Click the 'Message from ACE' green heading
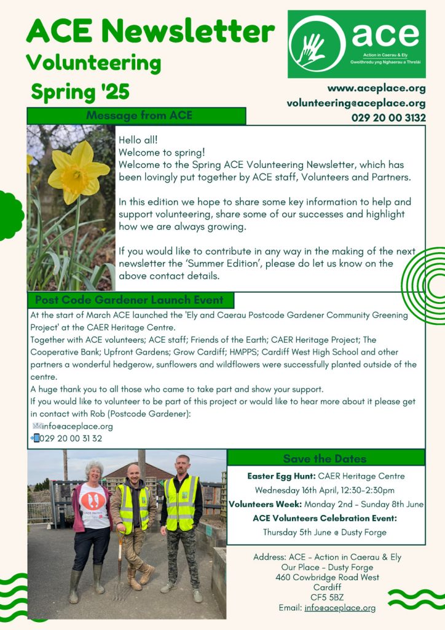click(139, 116)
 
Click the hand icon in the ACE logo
click(312, 47)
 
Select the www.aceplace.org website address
click(376, 89)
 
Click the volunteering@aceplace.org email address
click(356, 103)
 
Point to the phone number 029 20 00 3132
click(388, 117)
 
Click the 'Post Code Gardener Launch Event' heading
click(130, 300)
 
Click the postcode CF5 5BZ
click(327, 597)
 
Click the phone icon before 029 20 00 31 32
click(35, 438)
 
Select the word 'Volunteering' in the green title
click(93, 62)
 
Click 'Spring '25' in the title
click(81, 92)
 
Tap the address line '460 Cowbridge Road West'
click(327, 578)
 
